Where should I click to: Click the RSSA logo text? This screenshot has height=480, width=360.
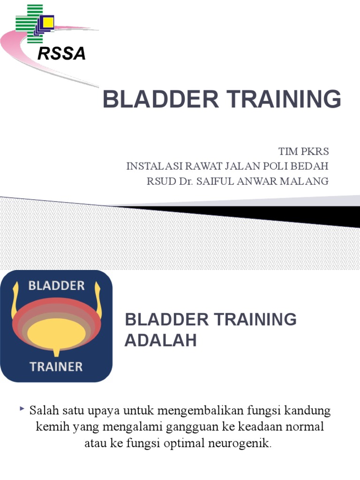(61, 54)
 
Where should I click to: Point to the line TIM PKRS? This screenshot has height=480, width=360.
(304, 152)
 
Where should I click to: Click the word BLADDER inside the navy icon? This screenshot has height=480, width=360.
(56, 285)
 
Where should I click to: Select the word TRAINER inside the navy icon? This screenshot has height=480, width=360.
(56, 366)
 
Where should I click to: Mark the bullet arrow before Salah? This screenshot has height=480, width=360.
(22, 410)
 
